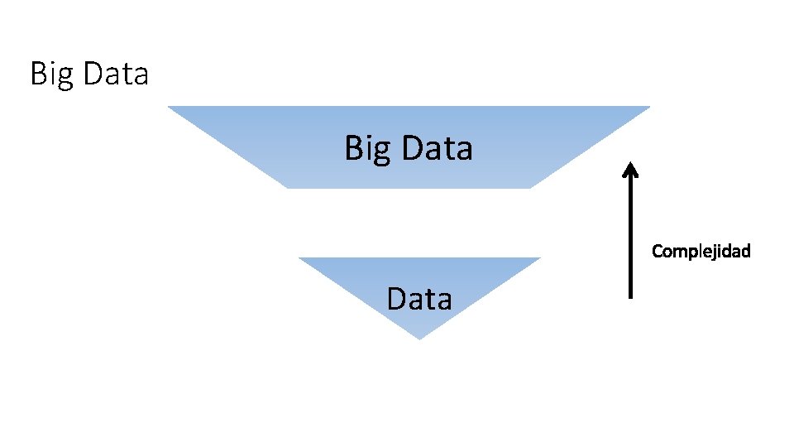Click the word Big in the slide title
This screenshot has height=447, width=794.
49,74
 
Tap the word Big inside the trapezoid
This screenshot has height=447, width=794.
366,149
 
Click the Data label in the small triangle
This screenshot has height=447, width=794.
419,298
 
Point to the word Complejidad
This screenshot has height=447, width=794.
701,250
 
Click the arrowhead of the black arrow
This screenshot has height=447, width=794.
631,168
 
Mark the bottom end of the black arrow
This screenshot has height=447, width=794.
631,296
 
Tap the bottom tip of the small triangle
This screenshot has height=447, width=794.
419,339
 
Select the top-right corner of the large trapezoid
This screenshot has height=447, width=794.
649,107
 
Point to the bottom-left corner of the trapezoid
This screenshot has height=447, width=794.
288,187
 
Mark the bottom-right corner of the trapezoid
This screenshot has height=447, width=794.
530,187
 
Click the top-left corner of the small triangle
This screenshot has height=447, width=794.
299,258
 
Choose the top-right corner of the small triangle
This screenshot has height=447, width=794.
539,258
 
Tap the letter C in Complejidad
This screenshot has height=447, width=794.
658,250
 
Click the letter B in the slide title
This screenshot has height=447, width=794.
38,74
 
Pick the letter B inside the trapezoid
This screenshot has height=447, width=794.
353,148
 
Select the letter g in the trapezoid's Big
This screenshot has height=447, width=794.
380,152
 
